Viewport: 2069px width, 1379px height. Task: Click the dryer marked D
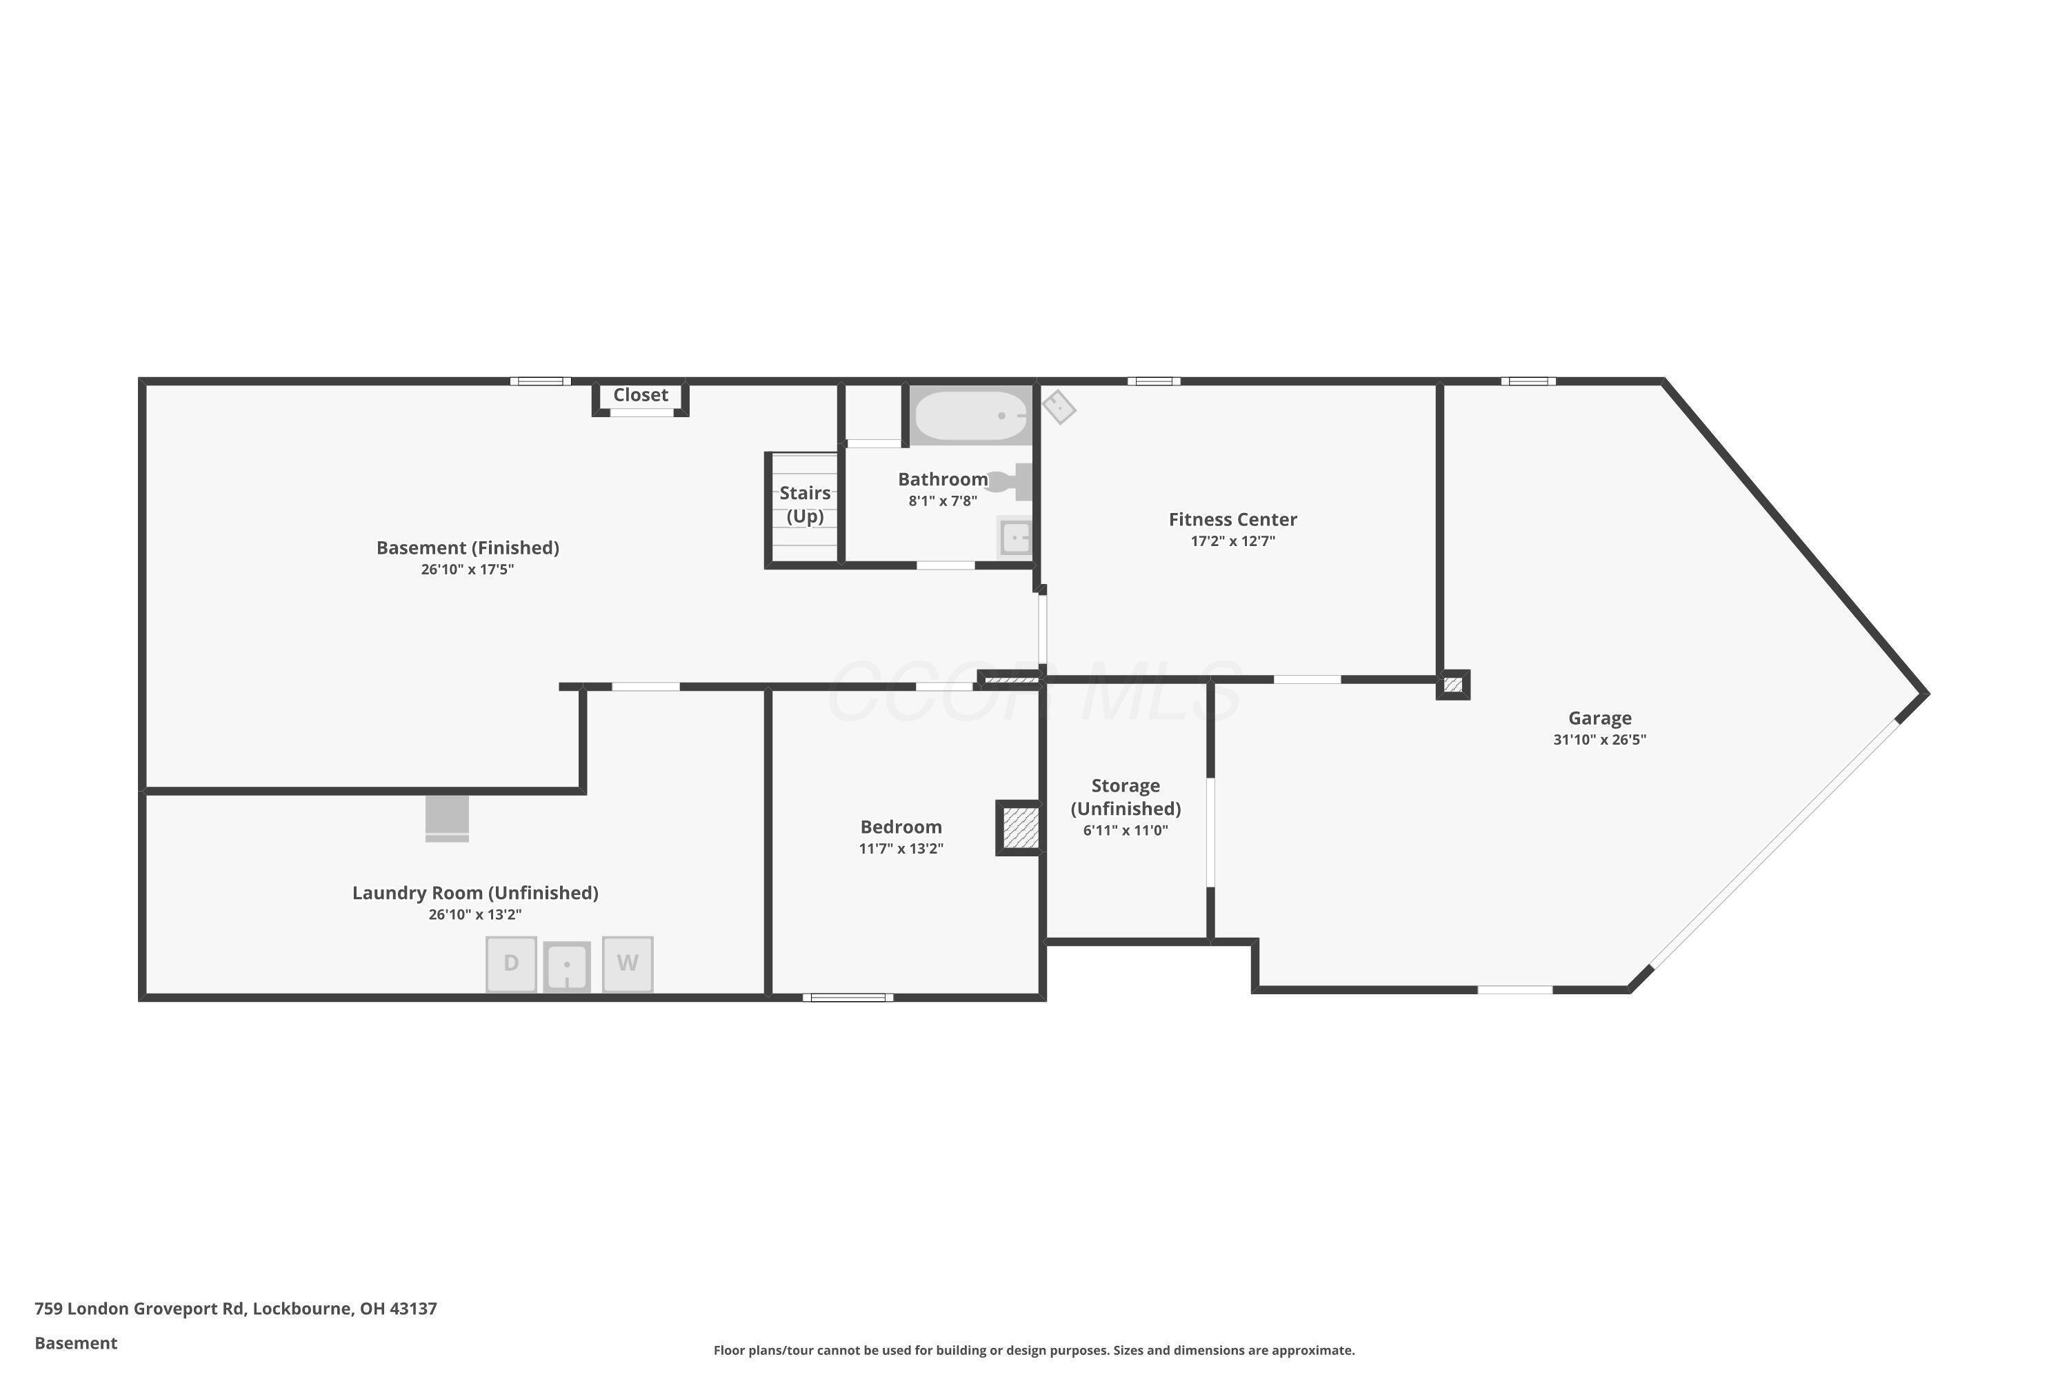[511, 964]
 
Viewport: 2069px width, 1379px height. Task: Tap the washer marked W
[627, 964]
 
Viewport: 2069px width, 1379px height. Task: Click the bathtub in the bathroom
[970, 415]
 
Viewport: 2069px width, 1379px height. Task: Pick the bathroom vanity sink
[1015, 536]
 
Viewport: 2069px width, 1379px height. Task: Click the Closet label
[641, 395]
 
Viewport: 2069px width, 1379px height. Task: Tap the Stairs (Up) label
[805, 504]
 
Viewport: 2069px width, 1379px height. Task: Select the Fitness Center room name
[1232, 519]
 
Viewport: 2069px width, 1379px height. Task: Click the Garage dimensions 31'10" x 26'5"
[1599, 740]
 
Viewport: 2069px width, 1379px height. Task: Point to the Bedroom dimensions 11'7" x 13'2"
[901, 849]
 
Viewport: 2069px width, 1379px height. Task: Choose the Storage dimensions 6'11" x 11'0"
[1125, 830]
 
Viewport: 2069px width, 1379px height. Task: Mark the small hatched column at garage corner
[1452, 684]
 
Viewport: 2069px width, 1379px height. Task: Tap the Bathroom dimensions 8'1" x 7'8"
[942, 501]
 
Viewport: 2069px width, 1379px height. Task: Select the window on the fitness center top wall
[1154, 381]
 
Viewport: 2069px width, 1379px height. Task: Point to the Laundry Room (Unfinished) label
[475, 893]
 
